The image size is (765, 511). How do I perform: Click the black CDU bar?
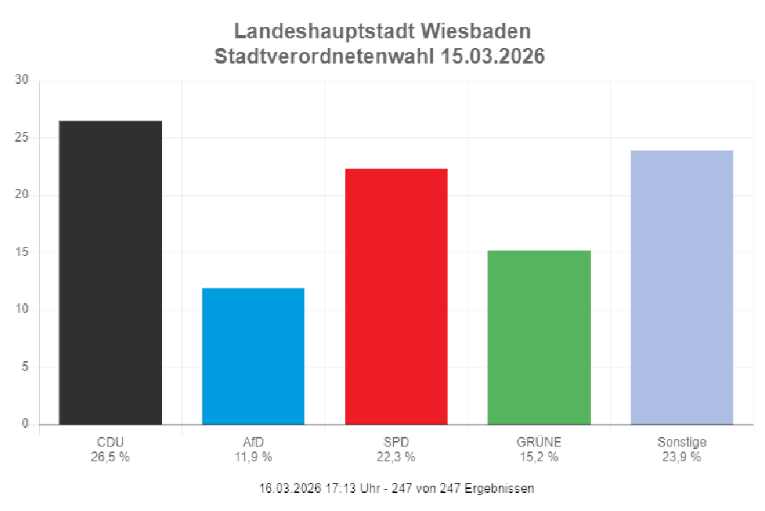[111, 272]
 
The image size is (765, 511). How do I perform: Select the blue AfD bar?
[253, 356]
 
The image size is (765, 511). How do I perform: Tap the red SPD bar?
[396, 296]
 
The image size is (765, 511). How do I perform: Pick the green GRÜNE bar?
[539, 337]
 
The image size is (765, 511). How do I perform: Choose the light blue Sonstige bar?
[682, 287]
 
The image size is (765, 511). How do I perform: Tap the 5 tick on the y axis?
[24, 367]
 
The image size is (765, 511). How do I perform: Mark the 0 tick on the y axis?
[24, 424]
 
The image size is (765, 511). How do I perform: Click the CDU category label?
[110, 443]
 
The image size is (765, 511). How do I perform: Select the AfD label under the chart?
[253, 443]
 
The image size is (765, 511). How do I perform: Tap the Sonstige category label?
[682, 443]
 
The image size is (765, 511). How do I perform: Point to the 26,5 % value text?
[110, 456]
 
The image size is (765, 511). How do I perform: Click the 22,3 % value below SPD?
[396, 456]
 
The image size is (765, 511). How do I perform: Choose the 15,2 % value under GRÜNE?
[539, 456]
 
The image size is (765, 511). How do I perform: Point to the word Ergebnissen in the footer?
[501, 488]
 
